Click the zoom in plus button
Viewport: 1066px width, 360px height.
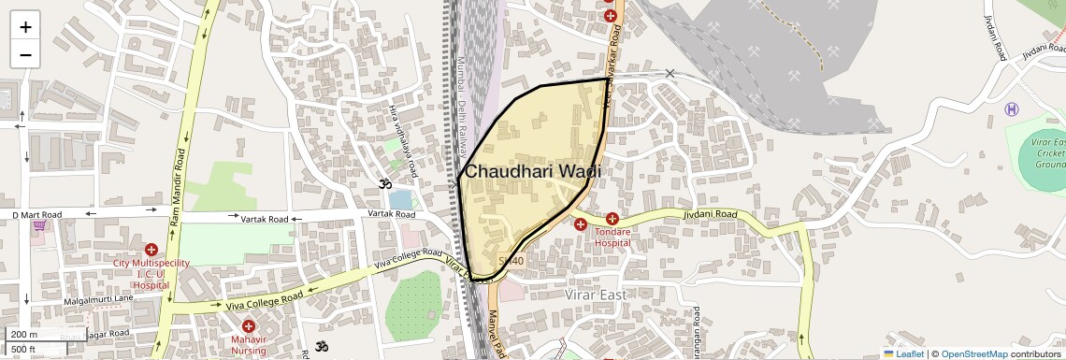[25, 26]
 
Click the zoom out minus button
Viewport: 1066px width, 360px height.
[25, 54]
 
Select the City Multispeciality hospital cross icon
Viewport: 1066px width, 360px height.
[151, 250]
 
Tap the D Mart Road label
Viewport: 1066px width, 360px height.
[36, 215]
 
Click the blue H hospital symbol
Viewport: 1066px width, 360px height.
[1011, 109]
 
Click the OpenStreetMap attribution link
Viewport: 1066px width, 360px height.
[973, 353]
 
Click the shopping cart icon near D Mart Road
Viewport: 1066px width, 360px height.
[39, 225]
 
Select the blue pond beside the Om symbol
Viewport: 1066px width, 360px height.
[400, 199]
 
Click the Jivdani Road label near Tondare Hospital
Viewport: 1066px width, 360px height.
[711, 214]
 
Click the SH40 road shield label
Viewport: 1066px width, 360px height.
[511, 261]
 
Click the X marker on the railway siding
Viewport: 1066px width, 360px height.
[670, 73]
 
